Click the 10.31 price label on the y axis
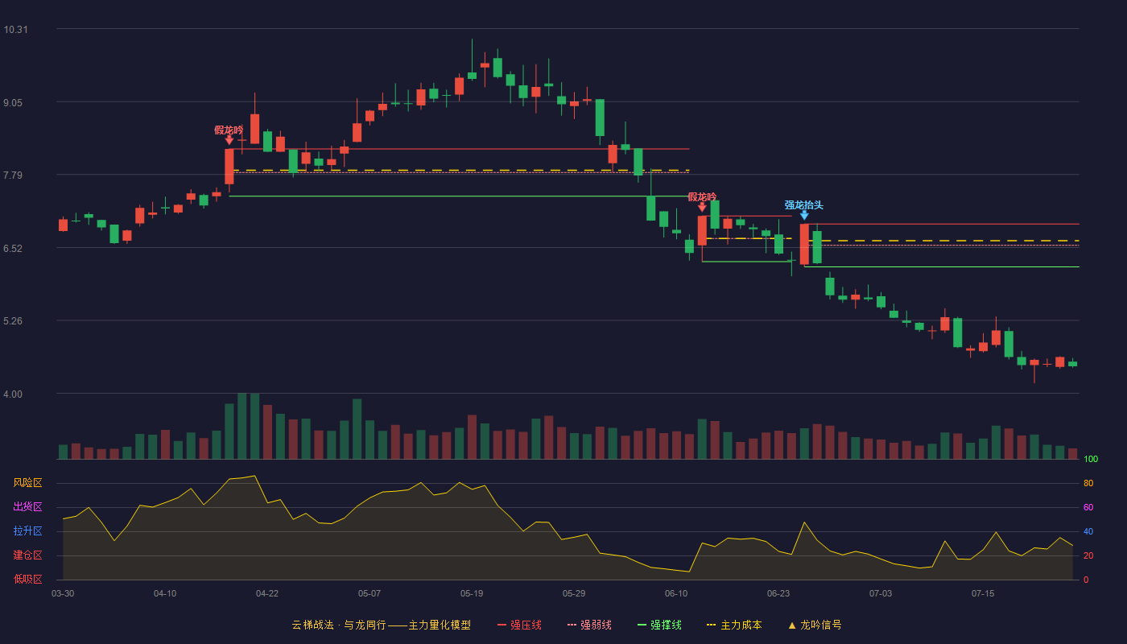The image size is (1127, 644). (x=15, y=30)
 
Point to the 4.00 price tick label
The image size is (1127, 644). (x=13, y=394)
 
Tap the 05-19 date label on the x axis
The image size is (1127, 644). (x=472, y=594)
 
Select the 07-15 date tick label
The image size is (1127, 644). (x=983, y=594)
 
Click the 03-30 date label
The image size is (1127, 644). (x=63, y=594)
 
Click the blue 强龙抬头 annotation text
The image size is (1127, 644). (x=803, y=204)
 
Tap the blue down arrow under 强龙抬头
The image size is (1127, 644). (x=804, y=216)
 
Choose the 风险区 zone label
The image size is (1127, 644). (x=27, y=482)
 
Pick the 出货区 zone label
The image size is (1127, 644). (x=27, y=506)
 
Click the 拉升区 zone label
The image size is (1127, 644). (x=27, y=530)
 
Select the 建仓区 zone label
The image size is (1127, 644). (x=27, y=555)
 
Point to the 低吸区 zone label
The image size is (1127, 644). (x=27, y=579)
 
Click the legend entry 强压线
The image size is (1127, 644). (x=520, y=625)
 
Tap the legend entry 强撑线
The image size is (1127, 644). (x=659, y=625)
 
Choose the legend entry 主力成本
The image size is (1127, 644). (x=734, y=625)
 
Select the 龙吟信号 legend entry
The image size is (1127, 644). (x=815, y=625)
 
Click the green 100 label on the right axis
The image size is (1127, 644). (x=1091, y=459)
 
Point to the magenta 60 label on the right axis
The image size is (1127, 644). (x=1088, y=507)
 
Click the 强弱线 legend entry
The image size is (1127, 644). (x=589, y=625)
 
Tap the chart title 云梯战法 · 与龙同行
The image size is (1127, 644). (x=339, y=625)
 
